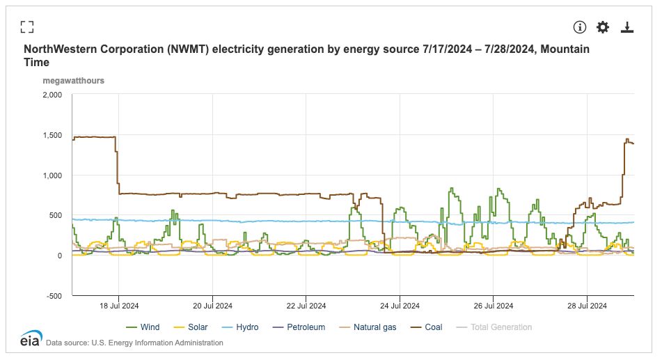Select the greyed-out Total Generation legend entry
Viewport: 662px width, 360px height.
(x=501, y=327)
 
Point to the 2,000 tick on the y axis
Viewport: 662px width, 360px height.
(x=52, y=95)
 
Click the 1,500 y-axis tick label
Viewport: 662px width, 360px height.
(x=52, y=135)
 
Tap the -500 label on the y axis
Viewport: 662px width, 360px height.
(x=54, y=296)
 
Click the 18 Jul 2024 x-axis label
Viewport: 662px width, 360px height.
(x=119, y=306)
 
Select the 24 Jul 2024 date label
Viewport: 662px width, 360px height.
(x=400, y=306)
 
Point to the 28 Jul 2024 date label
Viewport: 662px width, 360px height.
(x=587, y=306)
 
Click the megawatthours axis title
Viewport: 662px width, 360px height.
(x=73, y=81)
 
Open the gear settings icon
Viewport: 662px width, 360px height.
(x=603, y=27)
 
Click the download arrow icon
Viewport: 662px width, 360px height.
(x=627, y=27)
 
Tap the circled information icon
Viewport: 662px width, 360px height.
(x=580, y=27)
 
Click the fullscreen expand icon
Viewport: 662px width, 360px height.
(x=27, y=27)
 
